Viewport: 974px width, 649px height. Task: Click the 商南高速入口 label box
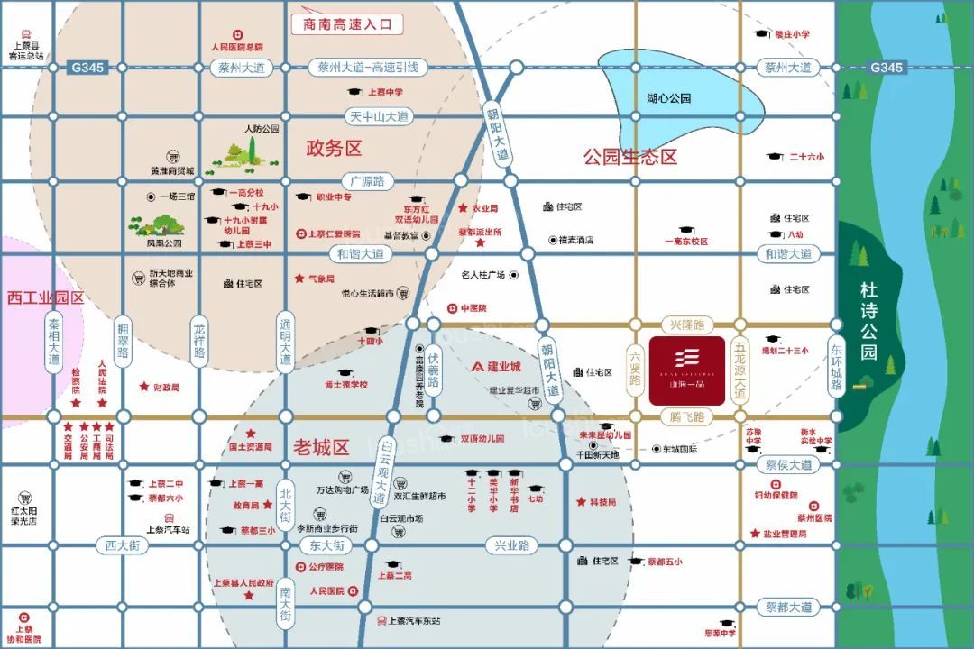click(x=347, y=25)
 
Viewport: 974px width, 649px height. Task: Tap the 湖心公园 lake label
click(x=668, y=98)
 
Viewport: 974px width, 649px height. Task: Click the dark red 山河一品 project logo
click(x=687, y=371)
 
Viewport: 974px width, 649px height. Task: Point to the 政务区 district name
click(x=334, y=148)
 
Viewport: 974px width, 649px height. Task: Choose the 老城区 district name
click(x=321, y=447)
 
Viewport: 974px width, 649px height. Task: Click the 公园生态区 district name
click(x=629, y=156)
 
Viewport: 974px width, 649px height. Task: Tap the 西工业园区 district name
click(x=45, y=297)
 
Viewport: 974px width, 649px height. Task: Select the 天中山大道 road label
click(x=379, y=116)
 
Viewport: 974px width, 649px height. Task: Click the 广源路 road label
click(x=363, y=181)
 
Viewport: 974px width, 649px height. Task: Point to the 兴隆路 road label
click(x=687, y=324)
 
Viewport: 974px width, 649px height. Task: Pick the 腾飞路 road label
click(x=687, y=417)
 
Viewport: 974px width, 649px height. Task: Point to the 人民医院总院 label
click(x=236, y=46)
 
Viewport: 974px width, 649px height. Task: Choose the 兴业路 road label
click(x=511, y=545)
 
